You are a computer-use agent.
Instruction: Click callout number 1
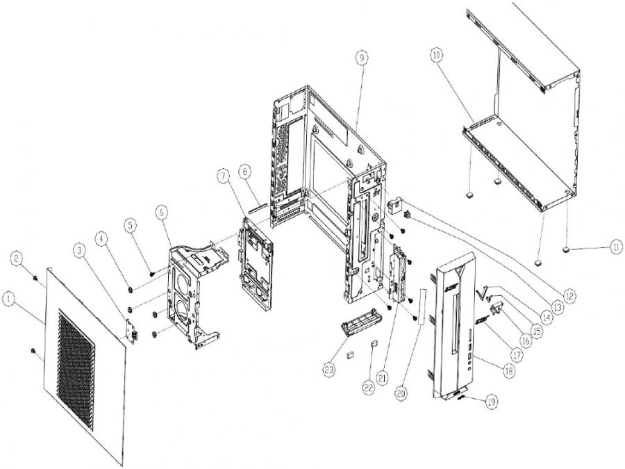(x=8, y=298)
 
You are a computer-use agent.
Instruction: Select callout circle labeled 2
(x=19, y=258)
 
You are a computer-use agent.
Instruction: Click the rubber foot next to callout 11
(x=568, y=247)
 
